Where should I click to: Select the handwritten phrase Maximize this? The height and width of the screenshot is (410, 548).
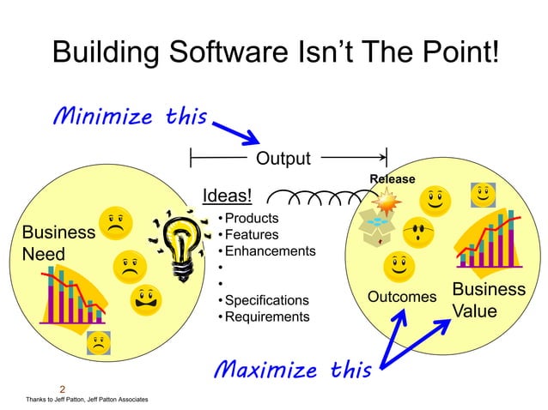click(292, 370)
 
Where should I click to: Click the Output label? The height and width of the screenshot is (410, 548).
click(283, 159)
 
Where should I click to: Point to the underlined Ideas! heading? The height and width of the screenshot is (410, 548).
click(227, 197)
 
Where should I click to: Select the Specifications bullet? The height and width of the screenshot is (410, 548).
click(266, 300)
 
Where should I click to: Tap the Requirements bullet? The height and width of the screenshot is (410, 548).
click(266, 317)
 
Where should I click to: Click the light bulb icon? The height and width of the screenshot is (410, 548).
click(183, 244)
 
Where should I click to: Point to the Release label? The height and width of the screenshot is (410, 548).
click(393, 178)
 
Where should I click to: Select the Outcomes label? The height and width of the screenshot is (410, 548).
click(402, 297)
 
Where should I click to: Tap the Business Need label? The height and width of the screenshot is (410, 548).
click(57, 244)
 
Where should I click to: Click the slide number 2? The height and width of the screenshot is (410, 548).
click(63, 389)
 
